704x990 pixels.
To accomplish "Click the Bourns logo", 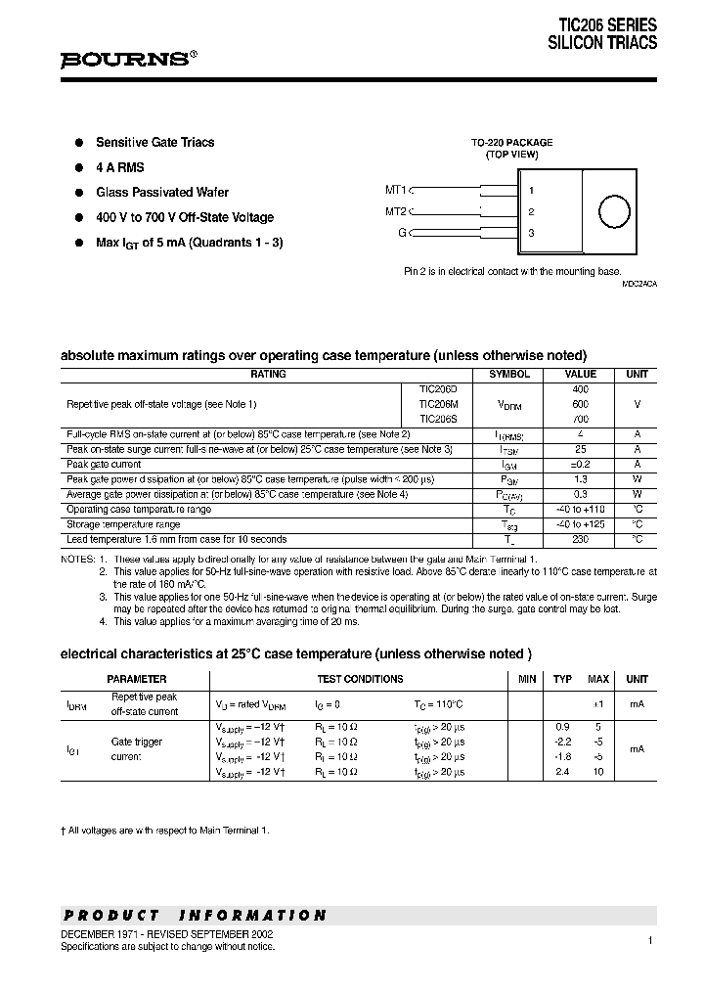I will [128, 59].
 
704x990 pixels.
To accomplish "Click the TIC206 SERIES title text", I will [607, 25].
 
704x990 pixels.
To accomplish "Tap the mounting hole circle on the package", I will [613, 212].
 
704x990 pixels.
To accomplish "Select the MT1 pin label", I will [395, 190].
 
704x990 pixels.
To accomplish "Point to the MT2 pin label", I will [395, 211].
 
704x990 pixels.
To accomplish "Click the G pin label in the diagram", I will [402, 233].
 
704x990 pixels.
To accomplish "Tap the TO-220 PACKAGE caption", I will [511, 142].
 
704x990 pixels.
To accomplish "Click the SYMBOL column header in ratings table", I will [508, 374].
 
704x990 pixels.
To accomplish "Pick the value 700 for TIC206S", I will [580, 419].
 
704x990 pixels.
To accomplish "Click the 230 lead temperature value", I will [580, 539].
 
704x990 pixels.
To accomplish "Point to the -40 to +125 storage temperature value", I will [580, 524].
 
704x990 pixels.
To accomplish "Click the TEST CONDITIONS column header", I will [360, 679].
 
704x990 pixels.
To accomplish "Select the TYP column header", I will [562, 679].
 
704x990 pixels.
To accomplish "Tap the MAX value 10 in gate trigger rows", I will [597, 772].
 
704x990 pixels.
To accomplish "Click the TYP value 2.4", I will [562, 772].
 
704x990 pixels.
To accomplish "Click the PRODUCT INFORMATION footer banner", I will [195, 916].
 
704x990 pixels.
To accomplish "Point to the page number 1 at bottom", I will [649, 940].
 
